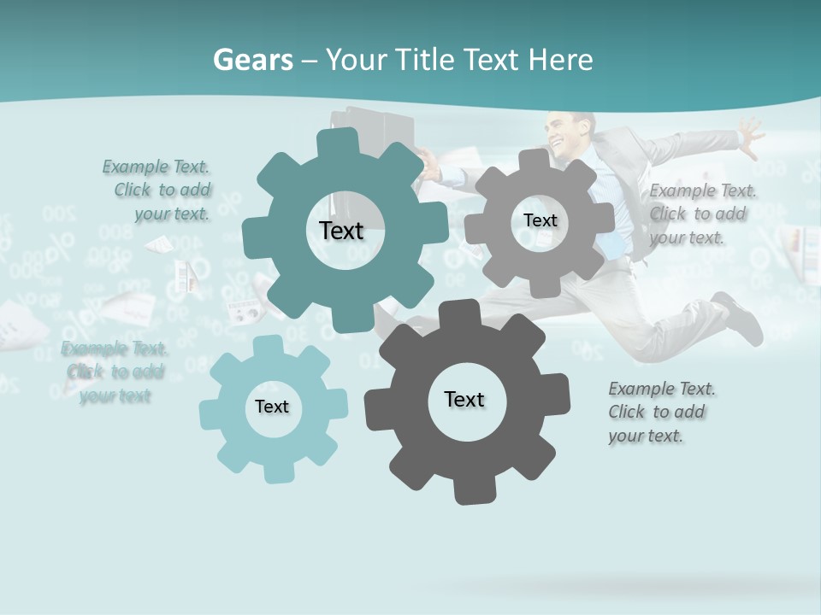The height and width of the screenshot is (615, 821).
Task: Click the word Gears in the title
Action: click(252, 61)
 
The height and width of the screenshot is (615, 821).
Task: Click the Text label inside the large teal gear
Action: click(341, 231)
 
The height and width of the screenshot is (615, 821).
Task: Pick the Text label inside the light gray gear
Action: click(540, 220)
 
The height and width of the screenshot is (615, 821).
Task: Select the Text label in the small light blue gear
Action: click(272, 407)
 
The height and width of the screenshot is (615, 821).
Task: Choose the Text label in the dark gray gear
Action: click(464, 399)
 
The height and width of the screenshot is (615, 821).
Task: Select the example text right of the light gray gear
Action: click(701, 214)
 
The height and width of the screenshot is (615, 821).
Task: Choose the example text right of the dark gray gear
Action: click(660, 412)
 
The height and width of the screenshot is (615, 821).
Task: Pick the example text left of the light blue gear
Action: click(115, 372)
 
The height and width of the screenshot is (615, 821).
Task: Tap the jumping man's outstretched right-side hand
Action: click(750, 137)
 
